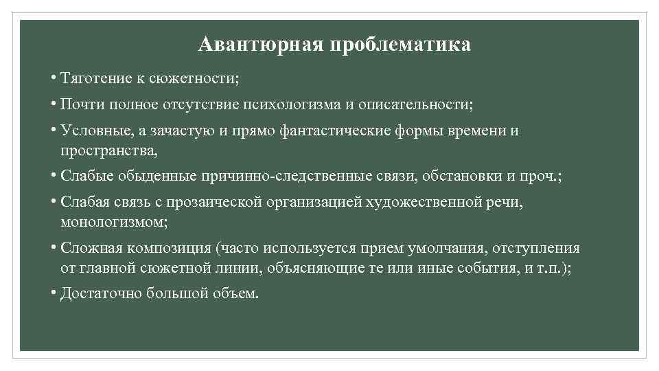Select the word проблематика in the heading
pyautogui.click(x=400, y=45)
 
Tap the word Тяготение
pyautogui.click(x=91, y=79)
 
